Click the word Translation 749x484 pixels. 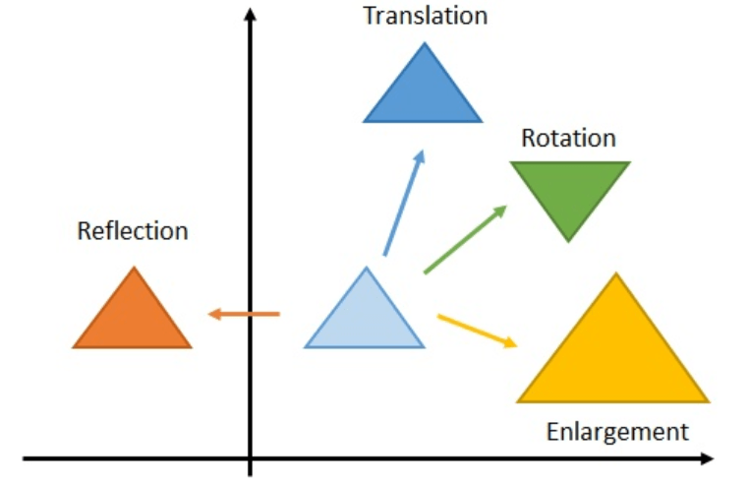(425, 16)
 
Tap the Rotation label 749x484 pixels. (568, 138)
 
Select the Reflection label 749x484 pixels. (133, 231)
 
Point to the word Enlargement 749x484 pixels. (617, 431)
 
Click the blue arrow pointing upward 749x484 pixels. (403, 202)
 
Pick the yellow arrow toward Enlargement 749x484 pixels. (477, 330)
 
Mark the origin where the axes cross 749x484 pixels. (251, 458)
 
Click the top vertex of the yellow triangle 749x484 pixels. (615, 275)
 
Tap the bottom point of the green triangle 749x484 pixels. (569, 239)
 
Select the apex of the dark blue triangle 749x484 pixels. (424, 44)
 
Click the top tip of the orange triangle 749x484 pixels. (133, 269)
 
